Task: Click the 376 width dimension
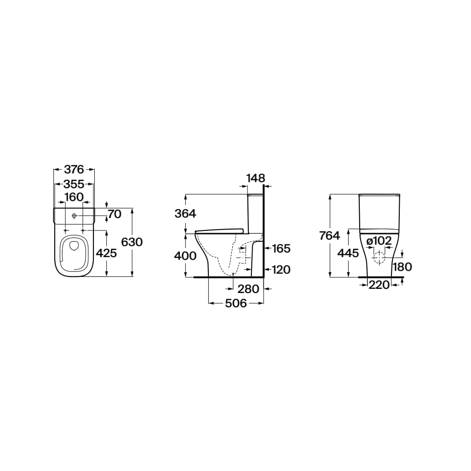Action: click(74, 170)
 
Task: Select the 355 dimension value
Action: click(74, 184)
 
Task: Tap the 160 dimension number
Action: click(74, 197)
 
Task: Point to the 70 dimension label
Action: click(115, 214)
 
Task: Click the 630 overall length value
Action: click(132, 242)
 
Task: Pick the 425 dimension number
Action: click(106, 253)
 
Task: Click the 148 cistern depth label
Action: click(256, 178)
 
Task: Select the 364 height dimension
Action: click(185, 213)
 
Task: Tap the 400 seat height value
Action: click(186, 256)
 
